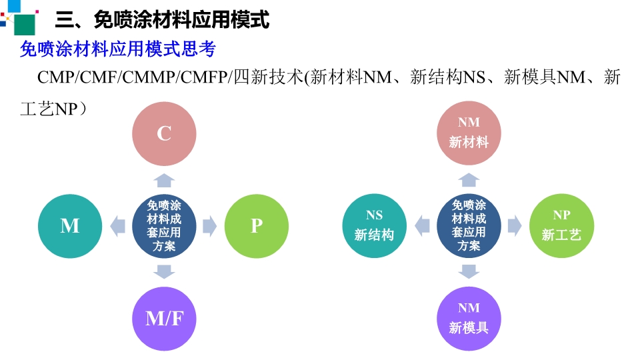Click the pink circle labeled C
pos(164,134)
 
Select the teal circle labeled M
pos(70,226)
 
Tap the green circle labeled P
pos(257,226)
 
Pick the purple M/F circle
pos(164,319)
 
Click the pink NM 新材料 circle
pos(469,133)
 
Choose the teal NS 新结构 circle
pos(374,226)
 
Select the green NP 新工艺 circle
pos(561,226)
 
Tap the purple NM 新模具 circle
pos(469,319)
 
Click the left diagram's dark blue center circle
pos(164,226)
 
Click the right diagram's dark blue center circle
pos(469,226)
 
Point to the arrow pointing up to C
pos(164,180)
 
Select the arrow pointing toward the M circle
pos(117,226)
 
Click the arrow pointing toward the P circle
pos(210,226)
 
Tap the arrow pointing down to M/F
pos(164,272)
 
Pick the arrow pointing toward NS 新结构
pos(422,226)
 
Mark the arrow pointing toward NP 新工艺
pos(515,226)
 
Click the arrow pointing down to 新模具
pos(469,271)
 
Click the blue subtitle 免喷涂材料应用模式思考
pos(118,49)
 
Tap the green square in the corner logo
pos(25,25)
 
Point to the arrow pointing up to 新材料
pos(469,180)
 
